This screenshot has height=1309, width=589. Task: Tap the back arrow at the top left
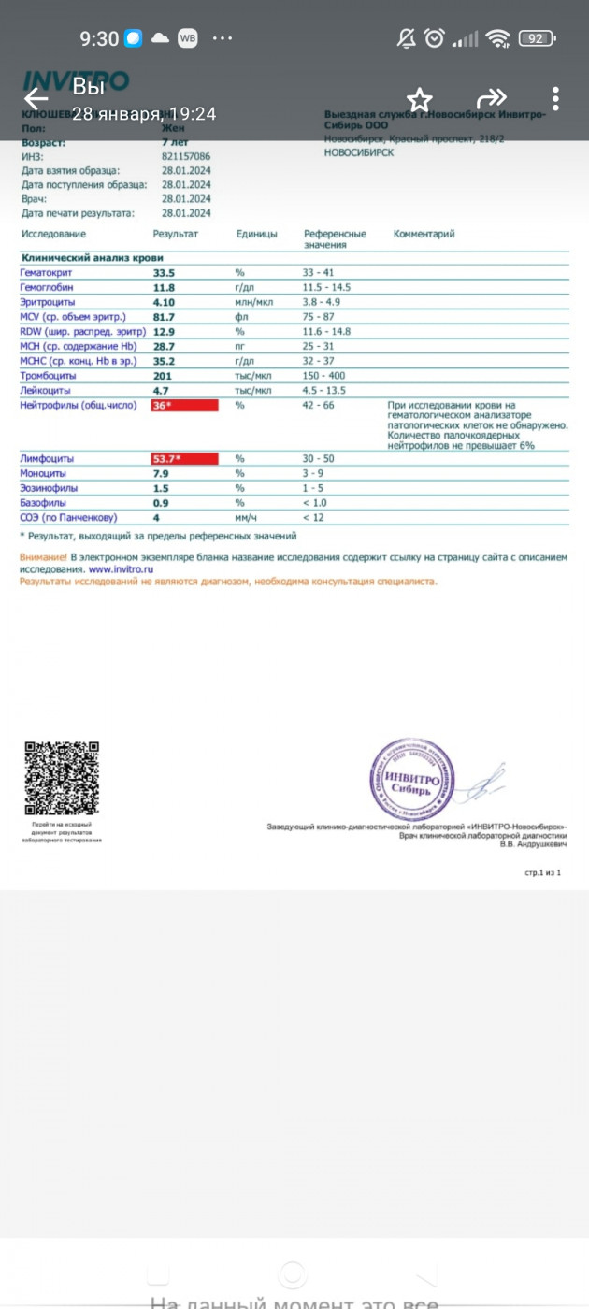[36, 98]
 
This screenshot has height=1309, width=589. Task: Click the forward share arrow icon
[491, 98]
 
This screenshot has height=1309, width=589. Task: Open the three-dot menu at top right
[555, 98]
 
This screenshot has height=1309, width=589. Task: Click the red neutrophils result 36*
[184, 405]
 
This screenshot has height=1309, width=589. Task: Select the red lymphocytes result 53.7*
[184, 459]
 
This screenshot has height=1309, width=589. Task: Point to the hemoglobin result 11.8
[164, 288]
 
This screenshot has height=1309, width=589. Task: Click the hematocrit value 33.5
[165, 273]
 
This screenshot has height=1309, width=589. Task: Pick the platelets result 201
[163, 375]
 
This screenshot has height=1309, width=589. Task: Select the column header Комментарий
[424, 234]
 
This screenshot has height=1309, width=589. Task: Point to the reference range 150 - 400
[327, 375]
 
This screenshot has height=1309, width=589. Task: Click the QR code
[62, 778]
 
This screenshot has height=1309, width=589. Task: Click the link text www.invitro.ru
[122, 568]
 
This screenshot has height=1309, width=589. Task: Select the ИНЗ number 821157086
[186, 157]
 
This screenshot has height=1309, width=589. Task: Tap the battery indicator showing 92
[538, 38]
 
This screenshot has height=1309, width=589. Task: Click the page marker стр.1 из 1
[542, 872]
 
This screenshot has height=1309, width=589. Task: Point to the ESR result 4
[157, 517]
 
